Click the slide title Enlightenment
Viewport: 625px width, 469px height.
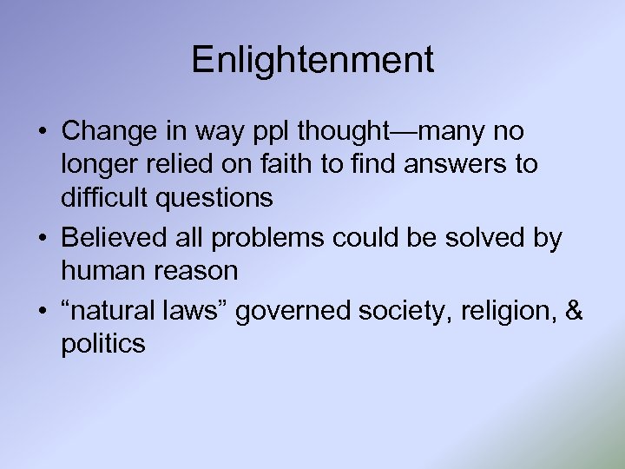(x=312, y=61)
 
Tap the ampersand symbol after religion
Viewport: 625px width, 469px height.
(x=575, y=310)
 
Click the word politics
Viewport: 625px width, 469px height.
(x=102, y=344)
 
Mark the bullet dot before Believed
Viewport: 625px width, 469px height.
(x=43, y=238)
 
